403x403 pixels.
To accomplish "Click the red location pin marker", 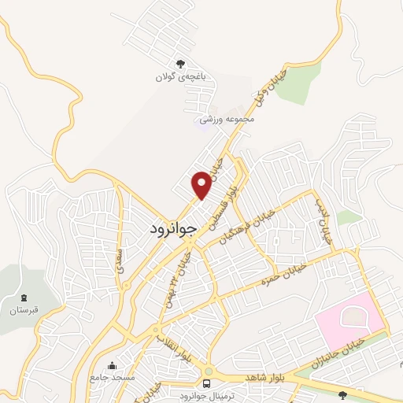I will [x=201, y=184].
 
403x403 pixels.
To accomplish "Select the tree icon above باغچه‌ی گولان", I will [x=181, y=64].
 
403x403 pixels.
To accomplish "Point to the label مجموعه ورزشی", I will [x=227, y=119].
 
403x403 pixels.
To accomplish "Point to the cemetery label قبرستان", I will [x=24, y=311].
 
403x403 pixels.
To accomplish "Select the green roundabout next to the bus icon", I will [x=208, y=371].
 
